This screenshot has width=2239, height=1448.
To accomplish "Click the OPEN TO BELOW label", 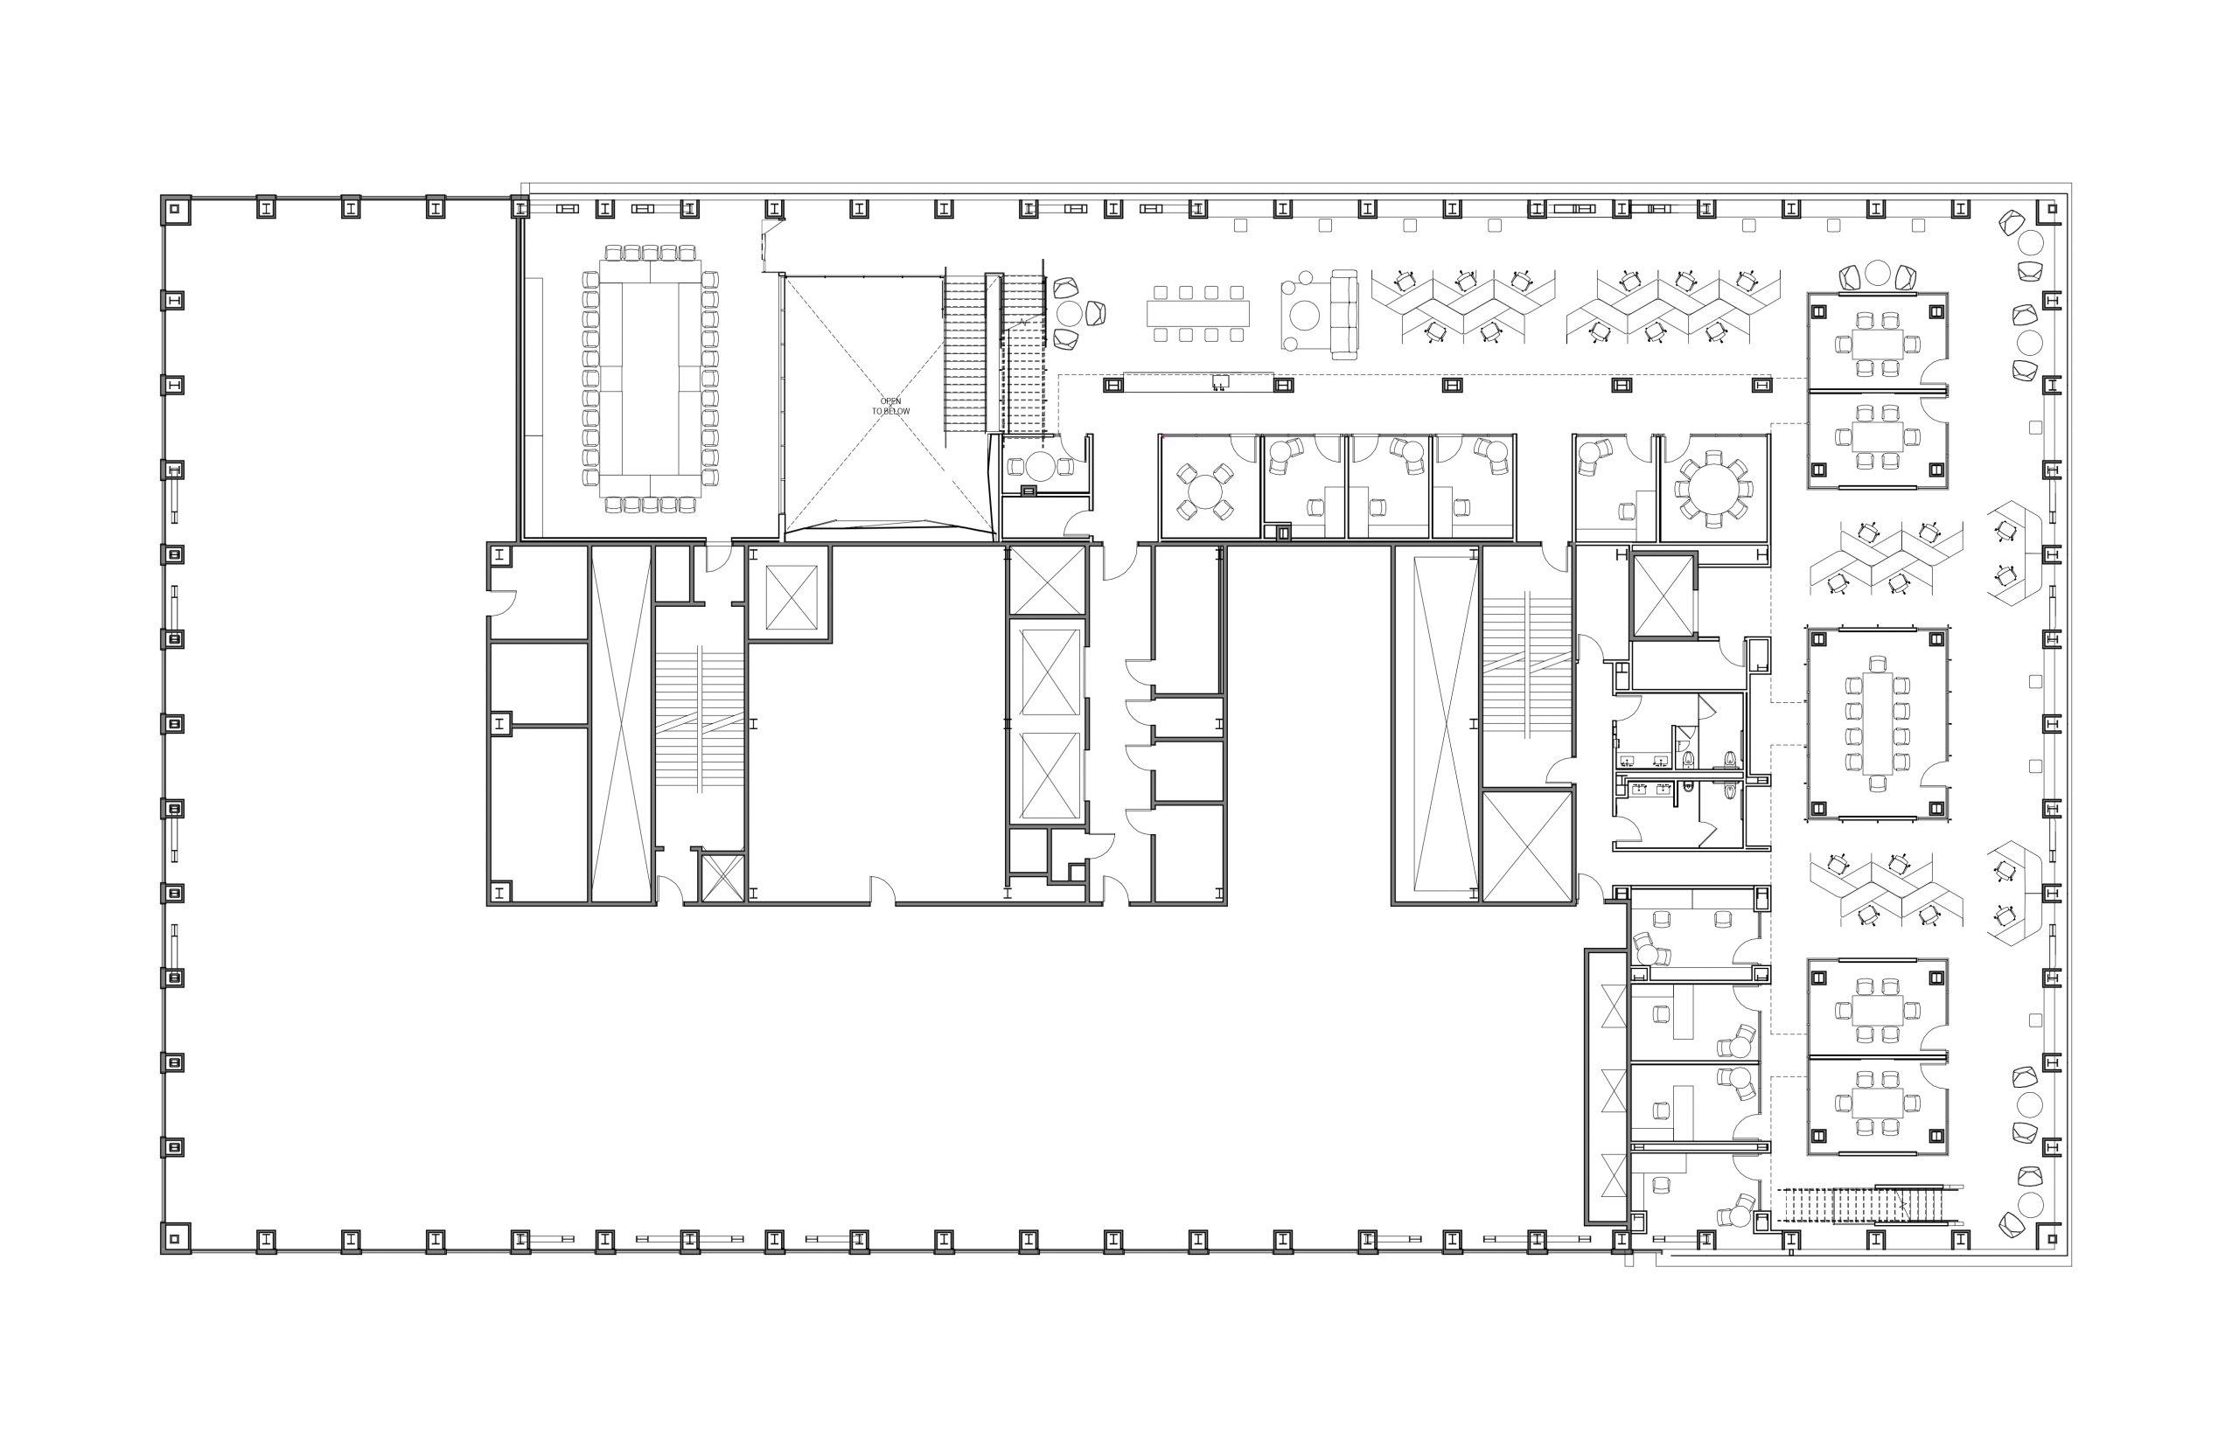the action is coord(889,407).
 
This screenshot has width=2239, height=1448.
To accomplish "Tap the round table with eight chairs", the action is coord(1714,487).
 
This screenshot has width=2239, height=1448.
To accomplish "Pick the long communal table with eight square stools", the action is coord(1198,313).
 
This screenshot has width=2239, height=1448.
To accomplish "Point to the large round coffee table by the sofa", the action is coord(1304,316).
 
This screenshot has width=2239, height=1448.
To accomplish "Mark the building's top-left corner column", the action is coord(176,210).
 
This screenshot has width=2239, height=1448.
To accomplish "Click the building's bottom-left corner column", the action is coord(176,1237).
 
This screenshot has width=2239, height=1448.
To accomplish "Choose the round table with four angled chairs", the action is coord(1203,490).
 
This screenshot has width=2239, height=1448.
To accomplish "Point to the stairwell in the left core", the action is coord(700,720).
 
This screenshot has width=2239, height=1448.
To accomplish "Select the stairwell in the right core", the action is coord(1527,663).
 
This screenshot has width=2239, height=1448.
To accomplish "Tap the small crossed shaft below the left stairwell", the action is coord(722,877).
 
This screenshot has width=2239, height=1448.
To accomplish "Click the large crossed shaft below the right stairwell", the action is coord(1527,846).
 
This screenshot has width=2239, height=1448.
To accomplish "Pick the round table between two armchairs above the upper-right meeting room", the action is coord(1878,273).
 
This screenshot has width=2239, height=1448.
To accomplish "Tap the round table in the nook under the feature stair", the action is coord(1041,465).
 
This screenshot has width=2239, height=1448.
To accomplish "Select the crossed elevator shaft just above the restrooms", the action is coord(1664,596).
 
